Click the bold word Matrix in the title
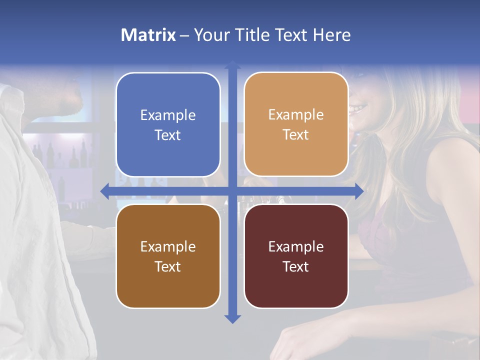click(x=148, y=35)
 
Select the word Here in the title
click(x=331, y=35)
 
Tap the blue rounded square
click(x=168, y=125)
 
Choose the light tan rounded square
click(x=296, y=124)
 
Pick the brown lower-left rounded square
click(x=168, y=256)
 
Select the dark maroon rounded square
click(x=296, y=256)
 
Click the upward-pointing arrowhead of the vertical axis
click(x=232, y=64)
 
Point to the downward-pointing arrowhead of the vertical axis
click(x=232, y=319)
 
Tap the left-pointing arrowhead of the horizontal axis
click(x=104, y=191)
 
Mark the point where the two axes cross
click(x=232, y=191)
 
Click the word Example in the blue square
click(x=168, y=115)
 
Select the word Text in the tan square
click(x=296, y=135)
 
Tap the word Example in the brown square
click(x=168, y=246)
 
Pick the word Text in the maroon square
click(x=296, y=266)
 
